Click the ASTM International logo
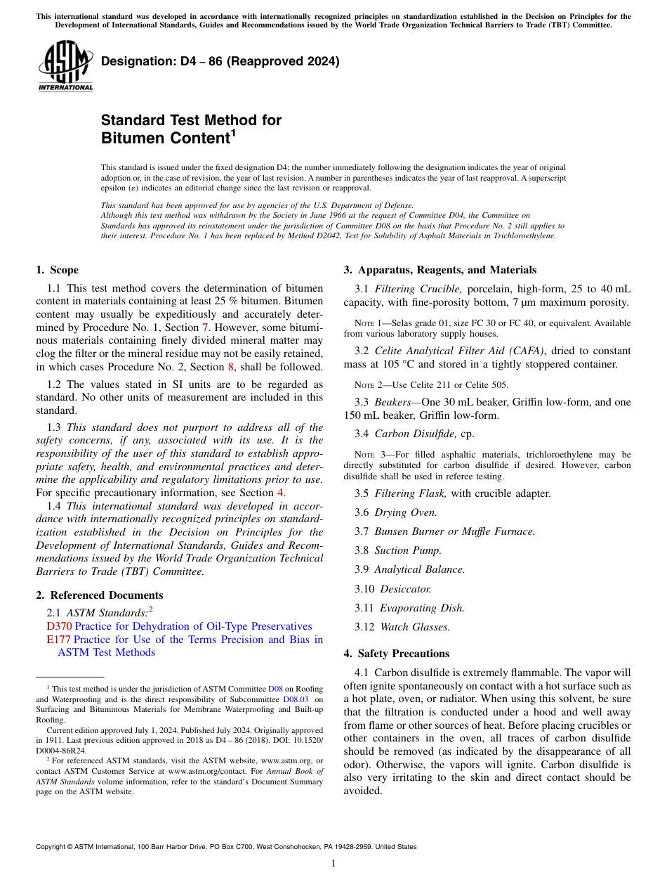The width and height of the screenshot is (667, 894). [65, 66]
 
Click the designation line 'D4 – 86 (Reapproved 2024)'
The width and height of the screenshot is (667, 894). [220, 61]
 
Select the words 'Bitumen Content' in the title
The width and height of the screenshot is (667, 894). [166, 138]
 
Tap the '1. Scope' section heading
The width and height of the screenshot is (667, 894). [57, 270]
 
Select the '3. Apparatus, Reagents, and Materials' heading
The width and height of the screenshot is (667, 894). [440, 270]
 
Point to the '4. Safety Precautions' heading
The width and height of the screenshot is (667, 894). [396, 654]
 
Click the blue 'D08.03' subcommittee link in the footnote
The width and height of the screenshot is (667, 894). [295, 700]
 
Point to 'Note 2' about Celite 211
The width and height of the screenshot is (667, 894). [369, 384]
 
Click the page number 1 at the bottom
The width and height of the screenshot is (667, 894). [333, 863]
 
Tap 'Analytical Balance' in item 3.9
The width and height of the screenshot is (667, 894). [419, 569]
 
